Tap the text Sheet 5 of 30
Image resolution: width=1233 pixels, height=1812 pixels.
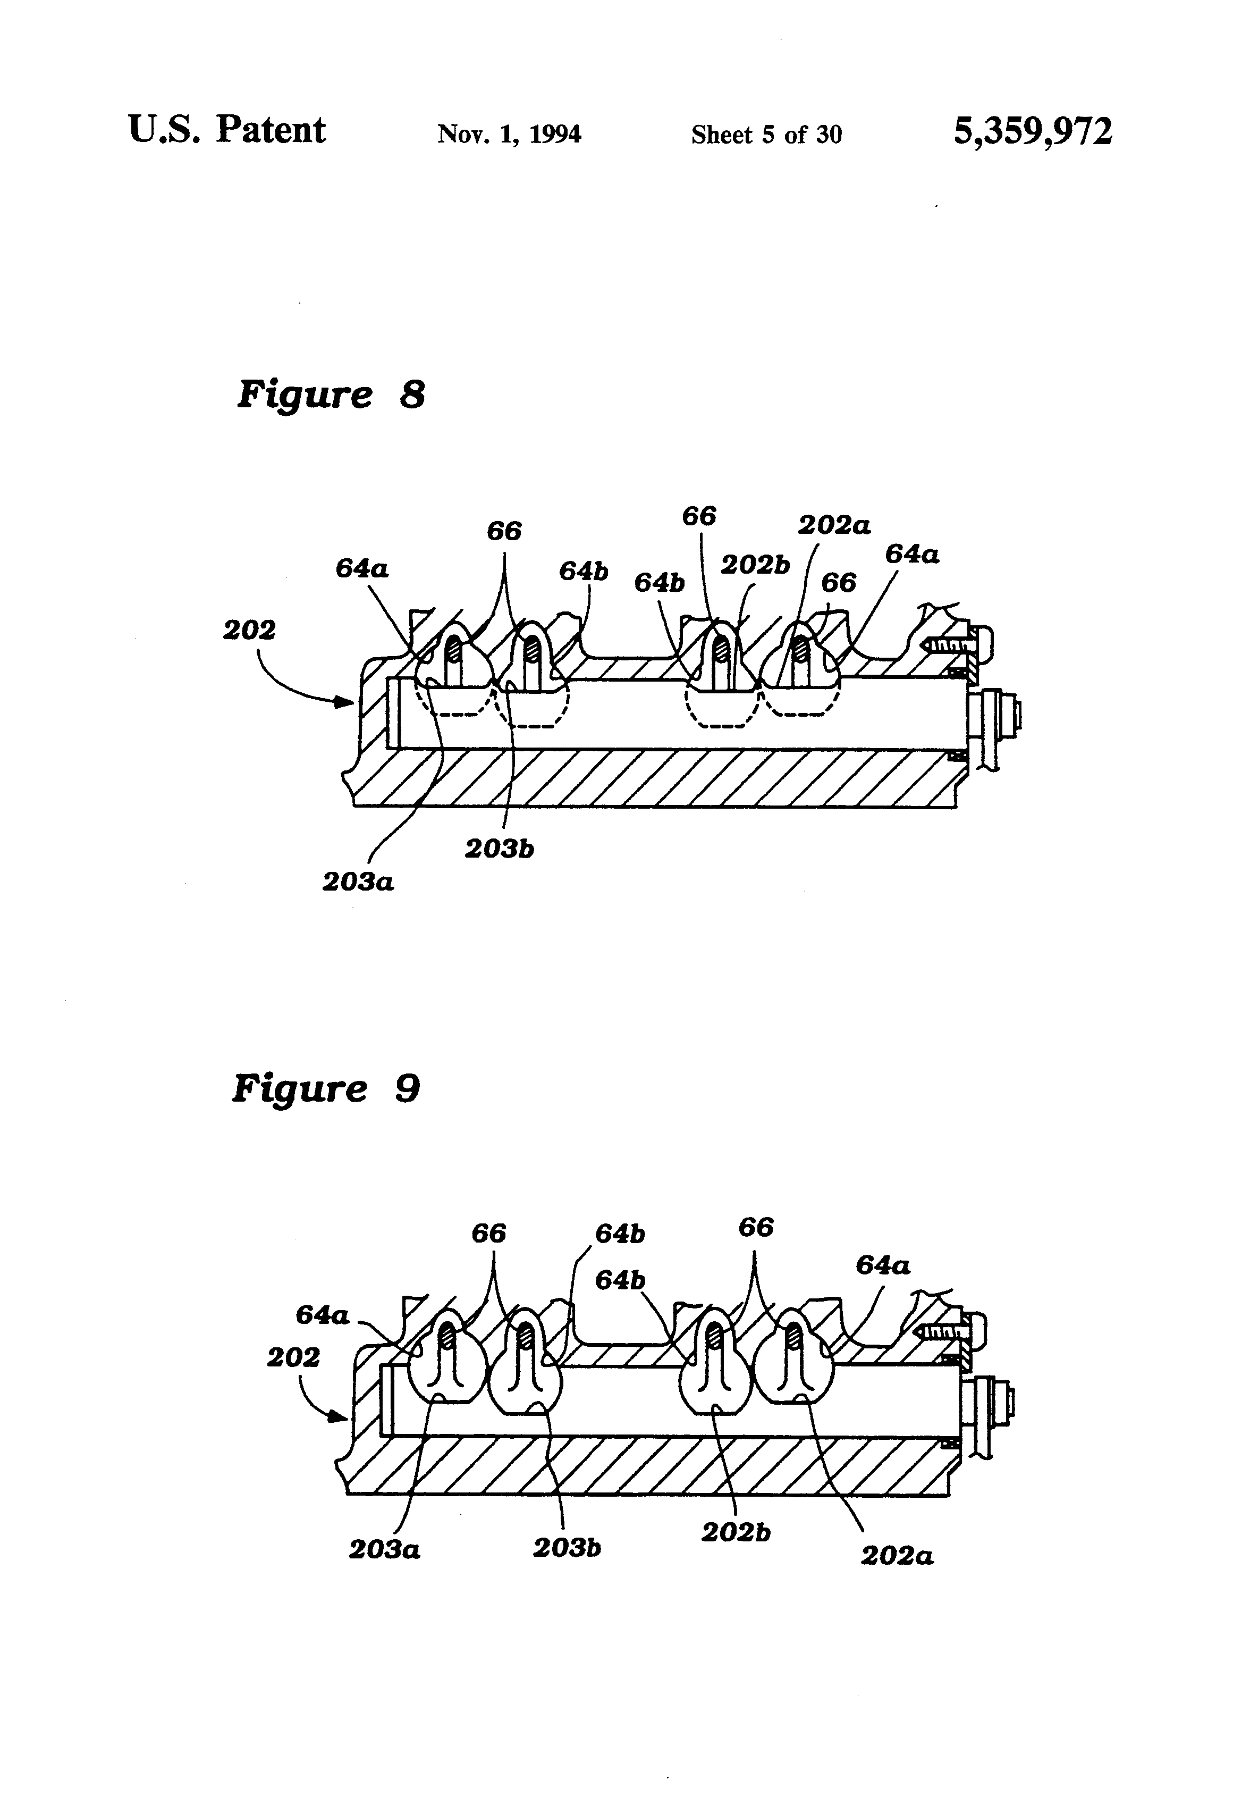[766, 135]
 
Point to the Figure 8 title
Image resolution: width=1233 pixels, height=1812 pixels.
[331, 394]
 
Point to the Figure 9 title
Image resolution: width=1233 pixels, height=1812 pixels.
[326, 1088]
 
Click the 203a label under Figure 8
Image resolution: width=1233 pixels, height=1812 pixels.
[358, 882]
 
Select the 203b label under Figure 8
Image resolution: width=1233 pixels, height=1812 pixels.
[499, 848]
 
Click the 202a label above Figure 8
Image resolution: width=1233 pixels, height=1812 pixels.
[833, 525]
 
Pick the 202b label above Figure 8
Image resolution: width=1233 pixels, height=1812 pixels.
[755, 565]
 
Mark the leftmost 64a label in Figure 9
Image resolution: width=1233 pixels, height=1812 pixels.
[322, 1315]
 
